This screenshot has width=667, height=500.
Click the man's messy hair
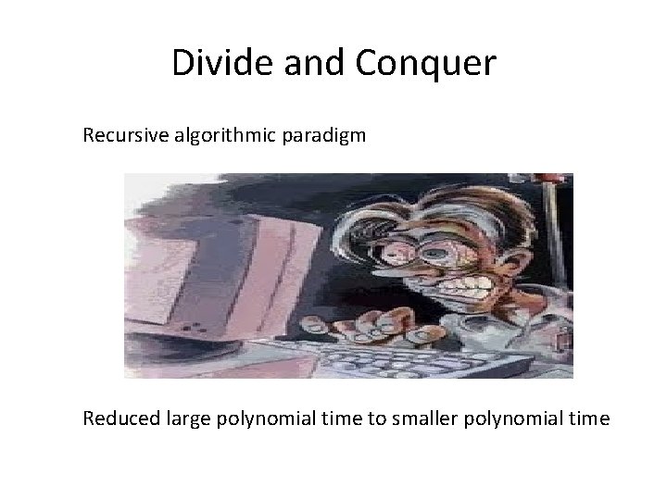pyautogui.click(x=445, y=199)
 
